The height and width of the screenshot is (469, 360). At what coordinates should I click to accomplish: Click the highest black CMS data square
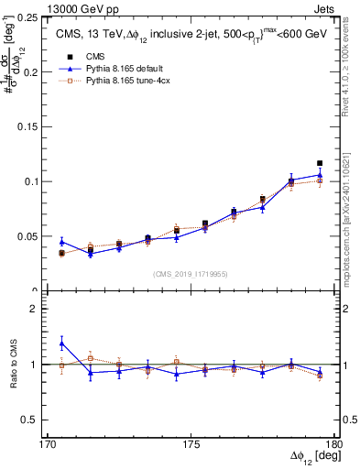(320, 163)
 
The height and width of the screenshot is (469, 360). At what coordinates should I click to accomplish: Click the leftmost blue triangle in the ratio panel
(62, 344)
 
